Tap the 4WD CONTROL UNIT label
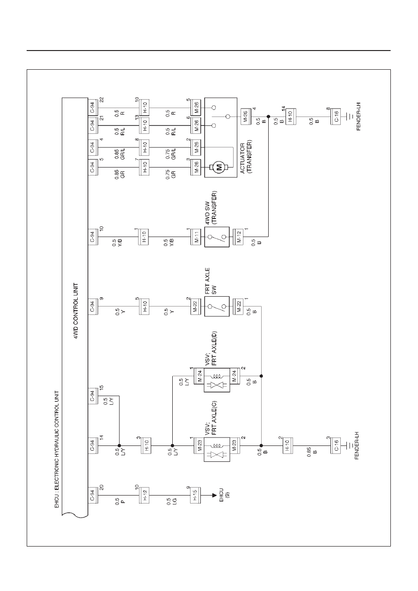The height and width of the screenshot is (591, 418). (76, 311)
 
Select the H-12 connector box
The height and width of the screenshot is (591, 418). (144, 495)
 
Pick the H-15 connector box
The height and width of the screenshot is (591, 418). (195, 495)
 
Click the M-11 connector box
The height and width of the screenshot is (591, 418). (196, 237)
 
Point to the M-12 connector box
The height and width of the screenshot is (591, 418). (238, 237)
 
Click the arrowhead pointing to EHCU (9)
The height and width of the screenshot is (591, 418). (214, 495)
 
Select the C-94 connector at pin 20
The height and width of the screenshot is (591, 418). (93, 495)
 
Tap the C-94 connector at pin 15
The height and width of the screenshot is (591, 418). (93, 396)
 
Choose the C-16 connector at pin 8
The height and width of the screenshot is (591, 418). (336, 117)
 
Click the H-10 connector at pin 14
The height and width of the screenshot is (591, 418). (291, 117)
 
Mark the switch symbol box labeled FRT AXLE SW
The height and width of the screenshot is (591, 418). (217, 306)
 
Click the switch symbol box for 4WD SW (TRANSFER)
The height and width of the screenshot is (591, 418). (217, 237)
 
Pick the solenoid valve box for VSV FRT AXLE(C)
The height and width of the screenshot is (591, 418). (217, 446)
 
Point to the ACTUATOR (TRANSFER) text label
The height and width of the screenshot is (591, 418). (246, 157)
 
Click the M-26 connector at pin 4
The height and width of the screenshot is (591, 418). (245, 117)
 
